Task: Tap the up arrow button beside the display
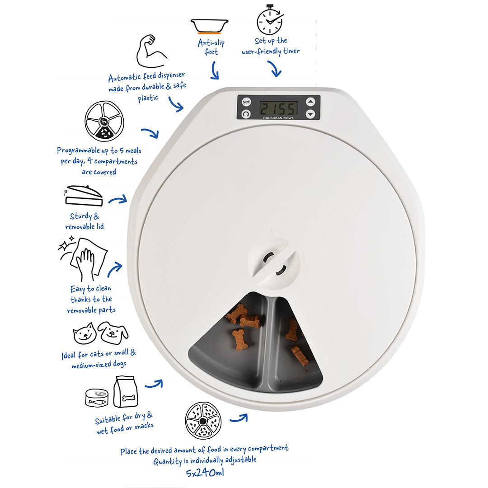coord(310,102)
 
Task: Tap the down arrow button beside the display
coord(310,114)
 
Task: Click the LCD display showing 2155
coord(278,108)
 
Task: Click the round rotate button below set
coord(246,114)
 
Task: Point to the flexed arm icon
coord(151,52)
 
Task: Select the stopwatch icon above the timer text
coord(270,19)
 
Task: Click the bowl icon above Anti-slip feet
coord(210,26)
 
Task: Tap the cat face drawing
coord(84,333)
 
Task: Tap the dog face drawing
coord(113,333)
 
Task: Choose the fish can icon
coord(97,398)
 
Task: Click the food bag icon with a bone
coord(126,391)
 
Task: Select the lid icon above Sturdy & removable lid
coord(84,196)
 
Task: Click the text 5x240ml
coord(205,473)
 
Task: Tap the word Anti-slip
coord(211,42)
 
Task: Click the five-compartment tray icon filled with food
coord(203,421)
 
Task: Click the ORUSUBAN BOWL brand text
coord(278,118)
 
